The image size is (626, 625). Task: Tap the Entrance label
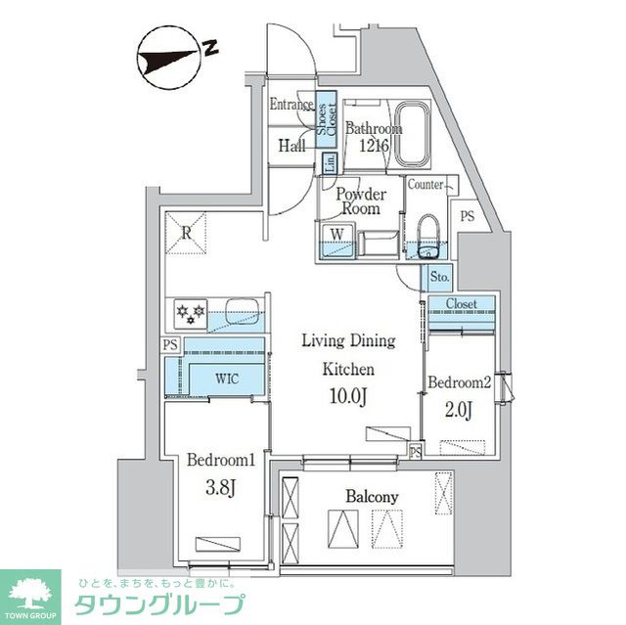tap(291, 105)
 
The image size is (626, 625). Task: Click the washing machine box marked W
tap(336, 234)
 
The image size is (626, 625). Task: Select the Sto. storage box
tap(439, 278)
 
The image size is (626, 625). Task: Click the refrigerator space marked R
tap(186, 232)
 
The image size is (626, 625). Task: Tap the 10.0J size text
tap(347, 395)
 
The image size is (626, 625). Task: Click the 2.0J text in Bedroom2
tap(456, 410)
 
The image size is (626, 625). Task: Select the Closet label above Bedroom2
tap(462, 304)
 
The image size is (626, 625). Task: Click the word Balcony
tap(372, 497)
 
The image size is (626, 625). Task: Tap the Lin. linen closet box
tap(330, 162)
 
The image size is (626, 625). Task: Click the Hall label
tap(291, 147)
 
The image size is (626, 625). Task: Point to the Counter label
tap(426, 184)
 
